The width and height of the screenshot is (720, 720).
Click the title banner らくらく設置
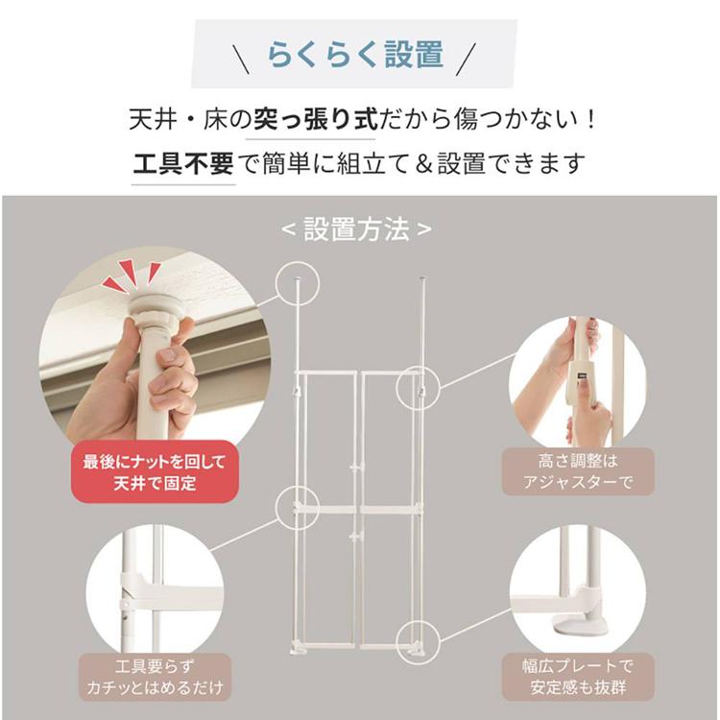(355, 55)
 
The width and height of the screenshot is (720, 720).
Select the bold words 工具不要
(181, 163)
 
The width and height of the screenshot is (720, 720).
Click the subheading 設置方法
(356, 229)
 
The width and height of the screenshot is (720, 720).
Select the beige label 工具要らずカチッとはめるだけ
(154, 678)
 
